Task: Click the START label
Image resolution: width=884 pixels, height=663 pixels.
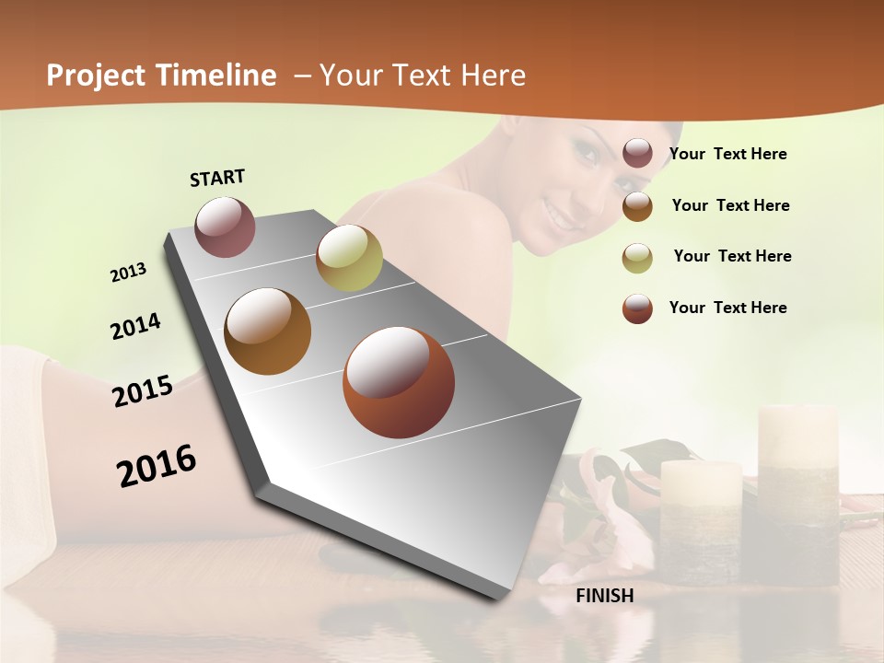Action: [x=217, y=177]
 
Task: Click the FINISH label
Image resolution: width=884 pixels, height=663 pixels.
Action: [x=604, y=596]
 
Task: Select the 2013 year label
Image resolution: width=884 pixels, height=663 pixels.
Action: [x=128, y=273]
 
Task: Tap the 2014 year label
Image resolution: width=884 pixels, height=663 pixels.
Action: [x=135, y=326]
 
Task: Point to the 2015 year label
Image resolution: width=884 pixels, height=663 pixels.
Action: [x=143, y=391]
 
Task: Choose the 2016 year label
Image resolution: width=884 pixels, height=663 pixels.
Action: [x=157, y=465]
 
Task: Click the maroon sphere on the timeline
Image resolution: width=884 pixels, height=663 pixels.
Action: [x=225, y=227]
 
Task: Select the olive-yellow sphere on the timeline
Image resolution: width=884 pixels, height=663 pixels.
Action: [x=349, y=258]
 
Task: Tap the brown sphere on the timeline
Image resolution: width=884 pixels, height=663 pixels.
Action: [x=267, y=331]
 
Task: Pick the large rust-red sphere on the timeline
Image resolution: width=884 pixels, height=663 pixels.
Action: [x=399, y=382]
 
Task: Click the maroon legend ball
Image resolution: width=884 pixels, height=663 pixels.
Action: [x=637, y=153]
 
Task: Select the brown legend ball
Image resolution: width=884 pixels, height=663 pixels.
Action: [x=637, y=205]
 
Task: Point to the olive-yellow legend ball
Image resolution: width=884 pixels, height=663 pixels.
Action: [x=637, y=257]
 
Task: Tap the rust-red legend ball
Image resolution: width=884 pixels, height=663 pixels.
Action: [x=637, y=308]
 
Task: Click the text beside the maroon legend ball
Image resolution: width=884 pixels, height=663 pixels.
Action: [x=727, y=154]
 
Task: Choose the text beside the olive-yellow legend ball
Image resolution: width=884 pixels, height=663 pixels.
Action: [x=732, y=256]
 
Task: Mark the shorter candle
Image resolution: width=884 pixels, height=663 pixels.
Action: [x=701, y=520]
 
